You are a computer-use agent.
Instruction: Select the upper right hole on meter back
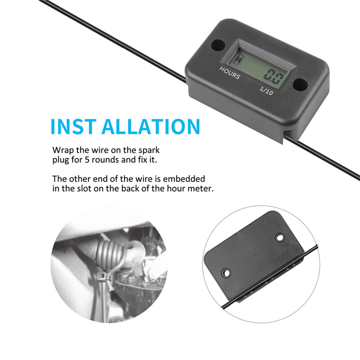(280, 237)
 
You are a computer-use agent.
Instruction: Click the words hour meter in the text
(192, 189)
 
